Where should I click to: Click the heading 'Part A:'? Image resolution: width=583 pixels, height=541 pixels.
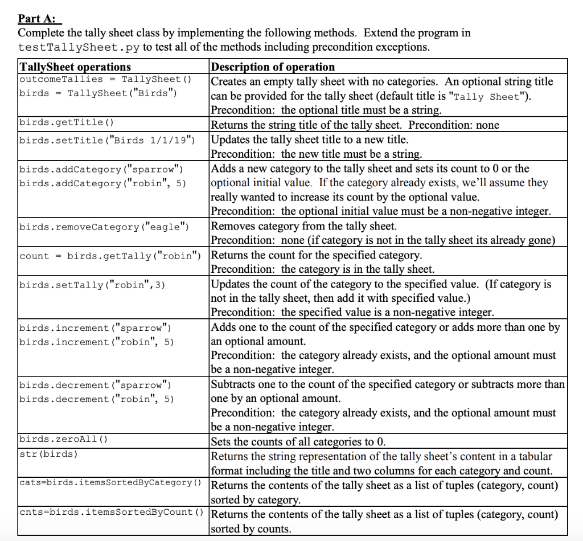40,18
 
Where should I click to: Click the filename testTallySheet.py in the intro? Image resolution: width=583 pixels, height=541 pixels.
79,47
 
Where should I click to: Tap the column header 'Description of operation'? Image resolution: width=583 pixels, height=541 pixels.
273,67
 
